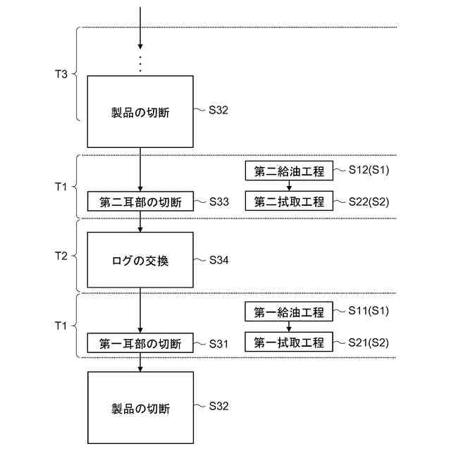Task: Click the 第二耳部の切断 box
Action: pyautogui.click(x=141, y=202)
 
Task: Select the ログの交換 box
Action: pyautogui.click(x=141, y=260)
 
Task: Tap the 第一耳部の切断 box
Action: pyautogui.click(x=141, y=344)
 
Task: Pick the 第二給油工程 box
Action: pyautogui.click(x=289, y=171)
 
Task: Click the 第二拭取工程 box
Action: pyautogui.click(x=289, y=202)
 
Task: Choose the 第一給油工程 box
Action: pyautogui.click(x=289, y=312)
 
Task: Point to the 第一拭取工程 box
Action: pyautogui.click(x=289, y=343)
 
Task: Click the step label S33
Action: pyautogui.click(x=218, y=202)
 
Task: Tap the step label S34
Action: pyautogui.click(x=218, y=260)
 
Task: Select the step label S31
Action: pyautogui.click(x=218, y=343)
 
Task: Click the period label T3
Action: pyautogui.click(x=61, y=73)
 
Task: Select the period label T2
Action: pyautogui.click(x=61, y=256)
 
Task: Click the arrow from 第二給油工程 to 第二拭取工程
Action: pyautogui.click(x=289, y=187)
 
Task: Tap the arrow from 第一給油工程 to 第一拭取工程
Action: pyautogui.click(x=289, y=328)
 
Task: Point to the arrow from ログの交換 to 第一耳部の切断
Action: pyautogui.click(x=141, y=311)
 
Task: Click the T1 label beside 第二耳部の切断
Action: pyautogui.click(x=61, y=187)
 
